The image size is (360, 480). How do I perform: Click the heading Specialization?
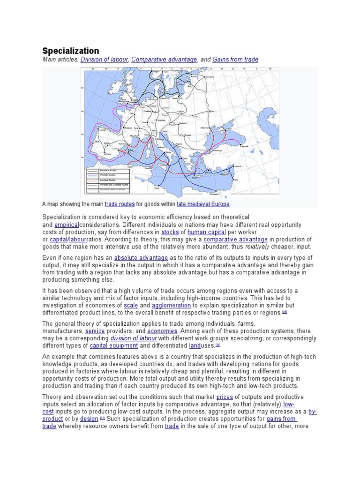coord(71,51)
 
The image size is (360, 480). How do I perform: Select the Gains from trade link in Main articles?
coord(235,60)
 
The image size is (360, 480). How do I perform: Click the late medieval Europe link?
coord(203,204)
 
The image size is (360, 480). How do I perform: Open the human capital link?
coord(207,232)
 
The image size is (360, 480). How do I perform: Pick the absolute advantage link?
coord(140,258)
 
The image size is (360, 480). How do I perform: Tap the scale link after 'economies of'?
coord(131,305)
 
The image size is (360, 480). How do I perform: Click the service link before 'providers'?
coord(95,331)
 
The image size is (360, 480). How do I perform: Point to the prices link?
coord(225,397)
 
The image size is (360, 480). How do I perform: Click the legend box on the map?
coord(107,180)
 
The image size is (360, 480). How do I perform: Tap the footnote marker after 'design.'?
coord(102,418)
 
